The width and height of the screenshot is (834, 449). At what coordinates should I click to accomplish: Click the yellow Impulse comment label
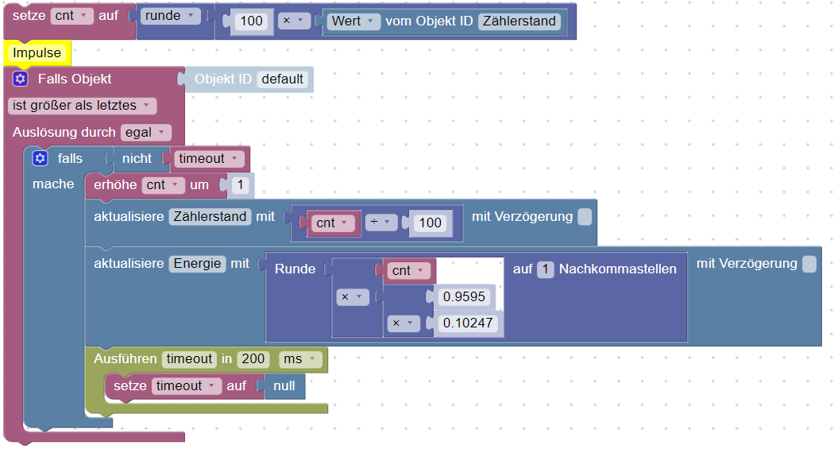[37, 53]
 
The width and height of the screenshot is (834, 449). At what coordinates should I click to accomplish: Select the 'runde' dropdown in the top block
[170, 16]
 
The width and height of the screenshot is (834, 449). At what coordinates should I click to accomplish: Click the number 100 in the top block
[252, 21]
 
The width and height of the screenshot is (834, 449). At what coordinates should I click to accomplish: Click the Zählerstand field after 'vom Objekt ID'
[520, 21]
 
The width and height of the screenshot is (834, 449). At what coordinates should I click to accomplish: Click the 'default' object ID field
[282, 79]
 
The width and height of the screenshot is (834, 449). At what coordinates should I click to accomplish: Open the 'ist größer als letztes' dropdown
[82, 106]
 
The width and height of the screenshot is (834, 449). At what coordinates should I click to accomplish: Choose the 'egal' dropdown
[146, 133]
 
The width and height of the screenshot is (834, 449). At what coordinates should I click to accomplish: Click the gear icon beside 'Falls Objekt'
[21, 79]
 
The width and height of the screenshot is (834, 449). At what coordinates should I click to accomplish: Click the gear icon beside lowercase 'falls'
[40, 158]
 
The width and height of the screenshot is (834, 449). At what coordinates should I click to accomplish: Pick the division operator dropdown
[380, 223]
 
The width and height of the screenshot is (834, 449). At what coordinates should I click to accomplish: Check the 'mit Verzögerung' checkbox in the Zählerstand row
[585, 217]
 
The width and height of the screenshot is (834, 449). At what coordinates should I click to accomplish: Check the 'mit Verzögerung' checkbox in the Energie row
[809, 264]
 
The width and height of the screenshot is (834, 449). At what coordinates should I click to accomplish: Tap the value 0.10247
[468, 323]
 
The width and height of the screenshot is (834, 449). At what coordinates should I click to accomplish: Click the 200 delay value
[253, 359]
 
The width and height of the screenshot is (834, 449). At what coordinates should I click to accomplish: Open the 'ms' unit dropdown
[300, 359]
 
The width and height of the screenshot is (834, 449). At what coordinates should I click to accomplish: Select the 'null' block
[284, 386]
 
